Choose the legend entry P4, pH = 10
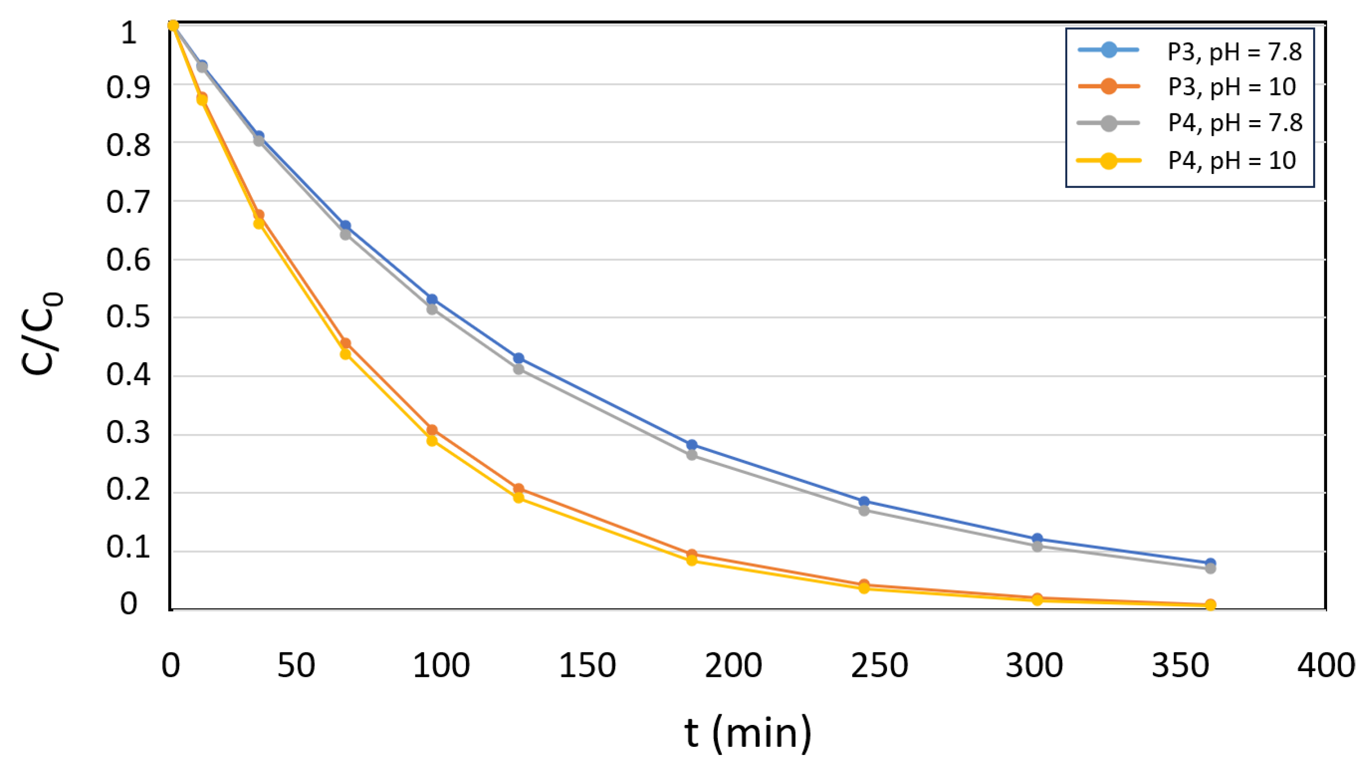coord(1231,160)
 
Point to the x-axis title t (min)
coord(747,733)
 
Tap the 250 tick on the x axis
coord(879,665)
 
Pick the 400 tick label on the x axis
coord(1326,665)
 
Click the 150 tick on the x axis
coord(587,665)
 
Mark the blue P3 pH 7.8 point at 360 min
coord(1210,563)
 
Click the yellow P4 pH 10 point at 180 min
coord(691,559)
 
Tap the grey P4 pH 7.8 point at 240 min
coord(864,510)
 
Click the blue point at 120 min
coord(518,358)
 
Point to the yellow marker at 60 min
coord(345,354)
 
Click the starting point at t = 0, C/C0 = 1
coord(172,25)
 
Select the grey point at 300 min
coord(1037,546)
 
